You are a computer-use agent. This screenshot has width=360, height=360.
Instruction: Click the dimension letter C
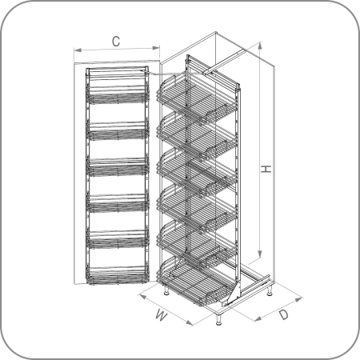coord(116,42)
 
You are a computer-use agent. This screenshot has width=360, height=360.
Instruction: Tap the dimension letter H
coord(266,169)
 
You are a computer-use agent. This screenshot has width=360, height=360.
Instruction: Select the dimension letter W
coord(162,315)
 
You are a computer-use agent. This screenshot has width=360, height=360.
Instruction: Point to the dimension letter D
coord(284,314)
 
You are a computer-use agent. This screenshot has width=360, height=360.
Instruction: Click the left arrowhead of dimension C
coord(78,50)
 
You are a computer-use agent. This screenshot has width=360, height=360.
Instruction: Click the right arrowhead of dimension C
coord(156,48)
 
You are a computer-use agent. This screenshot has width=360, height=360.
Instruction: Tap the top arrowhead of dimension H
coord(260,46)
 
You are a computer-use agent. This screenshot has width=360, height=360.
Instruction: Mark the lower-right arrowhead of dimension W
coord(189,323)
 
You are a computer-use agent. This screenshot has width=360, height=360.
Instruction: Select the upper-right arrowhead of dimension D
coord(299,299)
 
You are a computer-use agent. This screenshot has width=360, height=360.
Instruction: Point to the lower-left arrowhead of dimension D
coord(258,318)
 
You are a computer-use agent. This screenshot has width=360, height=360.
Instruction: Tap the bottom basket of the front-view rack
coord(118,275)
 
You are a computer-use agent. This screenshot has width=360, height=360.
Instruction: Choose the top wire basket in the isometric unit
coord(197,97)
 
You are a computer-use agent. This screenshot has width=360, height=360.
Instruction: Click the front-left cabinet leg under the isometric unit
coord(167,290)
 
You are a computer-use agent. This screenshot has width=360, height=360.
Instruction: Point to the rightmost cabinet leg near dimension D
coord(270,290)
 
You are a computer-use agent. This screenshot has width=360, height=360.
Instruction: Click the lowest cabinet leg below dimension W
coord(219,319)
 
